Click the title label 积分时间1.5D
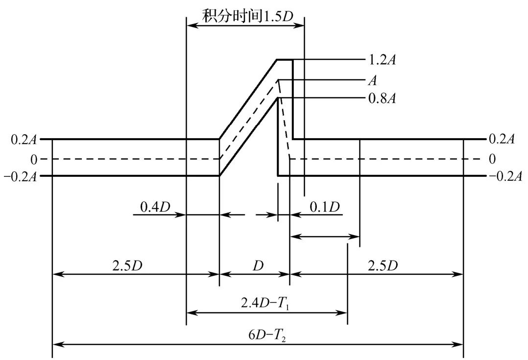pyautogui.click(x=247, y=16)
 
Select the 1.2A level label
pyautogui.click(x=382, y=60)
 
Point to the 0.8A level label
pyautogui.click(x=382, y=98)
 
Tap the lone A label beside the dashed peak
pyautogui.click(x=372, y=80)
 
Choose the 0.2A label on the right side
pyautogui.click(x=502, y=139)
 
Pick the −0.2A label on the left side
pyautogui.click(x=20, y=176)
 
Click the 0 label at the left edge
pyautogui.click(x=34, y=160)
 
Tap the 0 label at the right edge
pyautogui.click(x=492, y=159)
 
